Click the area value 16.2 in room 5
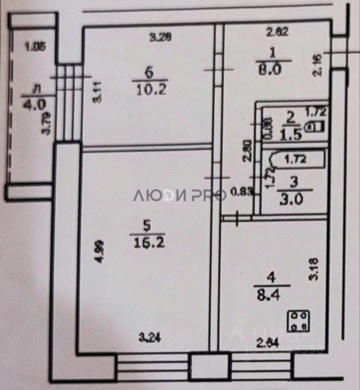pos(147,242)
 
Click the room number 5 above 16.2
pos(146,225)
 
